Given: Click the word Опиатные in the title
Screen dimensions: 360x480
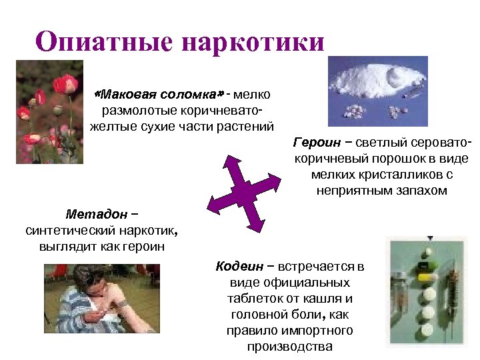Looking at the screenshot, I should click(104, 41).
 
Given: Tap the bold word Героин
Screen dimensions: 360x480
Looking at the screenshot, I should click(317, 143).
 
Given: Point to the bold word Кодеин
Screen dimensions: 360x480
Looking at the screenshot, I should click(237, 267).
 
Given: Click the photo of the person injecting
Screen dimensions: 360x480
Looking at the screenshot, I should click(102, 298).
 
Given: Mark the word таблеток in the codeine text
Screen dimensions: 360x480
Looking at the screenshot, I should click(253, 299).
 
